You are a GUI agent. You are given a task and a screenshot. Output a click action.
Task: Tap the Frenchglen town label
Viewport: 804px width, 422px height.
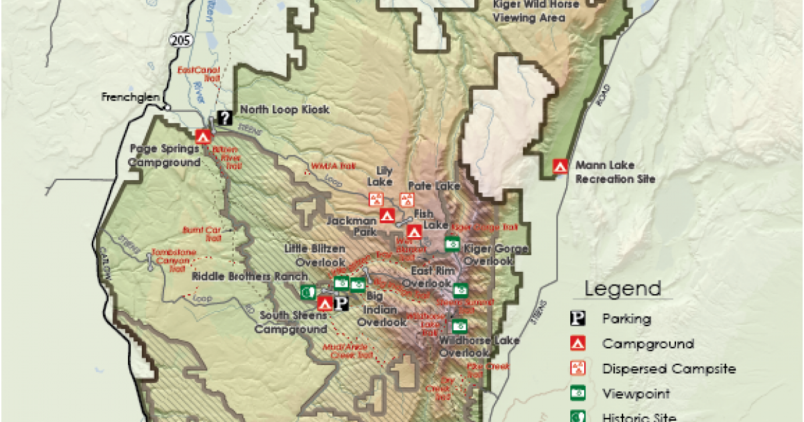pyautogui.click(x=131, y=96)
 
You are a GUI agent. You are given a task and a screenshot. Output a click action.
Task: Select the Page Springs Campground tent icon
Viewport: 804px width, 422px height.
pyautogui.click(x=203, y=136)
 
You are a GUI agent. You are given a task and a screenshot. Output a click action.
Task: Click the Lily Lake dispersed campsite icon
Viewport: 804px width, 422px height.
pyautogui.click(x=376, y=199)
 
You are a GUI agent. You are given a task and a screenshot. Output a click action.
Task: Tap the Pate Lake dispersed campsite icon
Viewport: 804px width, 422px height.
pyautogui.click(x=407, y=199)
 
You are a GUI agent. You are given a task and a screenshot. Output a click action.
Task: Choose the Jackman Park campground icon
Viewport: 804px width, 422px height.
pyautogui.click(x=387, y=216)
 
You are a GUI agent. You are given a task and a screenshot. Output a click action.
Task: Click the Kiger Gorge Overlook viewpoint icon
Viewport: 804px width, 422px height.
pyautogui.click(x=452, y=242)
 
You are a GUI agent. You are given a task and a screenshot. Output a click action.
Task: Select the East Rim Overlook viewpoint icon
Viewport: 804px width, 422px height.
pyautogui.click(x=460, y=290)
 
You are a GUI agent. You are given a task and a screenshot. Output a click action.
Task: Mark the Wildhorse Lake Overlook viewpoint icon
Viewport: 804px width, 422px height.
pyautogui.click(x=460, y=326)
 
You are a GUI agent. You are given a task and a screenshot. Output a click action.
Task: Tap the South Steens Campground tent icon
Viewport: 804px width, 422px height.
pyautogui.click(x=325, y=303)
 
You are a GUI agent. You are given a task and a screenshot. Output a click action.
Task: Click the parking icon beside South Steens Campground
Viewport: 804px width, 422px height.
pyautogui.click(x=342, y=303)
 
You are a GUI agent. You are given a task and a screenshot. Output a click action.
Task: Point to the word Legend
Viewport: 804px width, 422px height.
pyautogui.click(x=622, y=289)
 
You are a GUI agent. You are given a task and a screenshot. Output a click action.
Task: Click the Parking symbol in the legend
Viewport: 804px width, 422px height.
pyautogui.click(x=577, y=319)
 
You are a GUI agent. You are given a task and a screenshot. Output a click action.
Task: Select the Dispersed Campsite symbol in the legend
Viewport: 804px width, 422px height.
pyautogui.click(x=577, y=369)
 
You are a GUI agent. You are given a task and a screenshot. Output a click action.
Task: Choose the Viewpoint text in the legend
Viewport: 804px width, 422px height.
pyautogui.click(x=626, y=395)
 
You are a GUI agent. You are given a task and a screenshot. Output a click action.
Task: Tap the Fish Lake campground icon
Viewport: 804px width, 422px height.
pyautogui.click(x=414, y=232)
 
